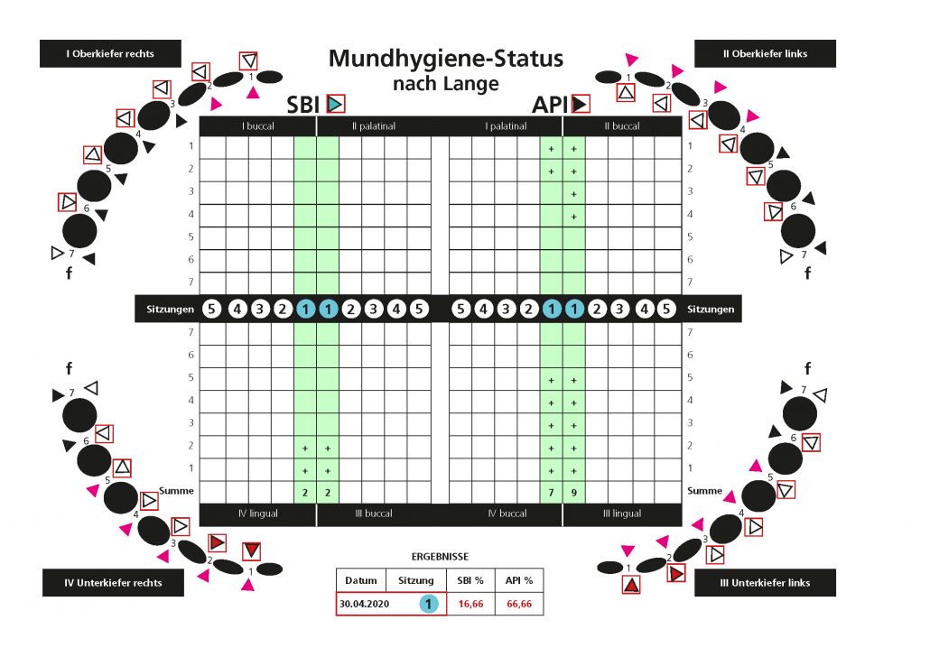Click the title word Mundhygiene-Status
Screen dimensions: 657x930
(x=445, y=59)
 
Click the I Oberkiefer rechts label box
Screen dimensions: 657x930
(x=110, y=53)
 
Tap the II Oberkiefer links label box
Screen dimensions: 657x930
(x=765, y=53)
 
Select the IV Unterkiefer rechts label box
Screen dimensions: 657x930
(x=113, y=582)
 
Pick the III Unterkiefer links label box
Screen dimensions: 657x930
(x=765, y=582)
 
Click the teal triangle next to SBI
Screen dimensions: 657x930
(x=335, y=104)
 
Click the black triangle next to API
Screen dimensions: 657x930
(x=580, y=104)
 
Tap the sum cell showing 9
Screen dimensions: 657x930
(x=573, y=492)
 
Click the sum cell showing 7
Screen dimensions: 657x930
(x=551, y=492)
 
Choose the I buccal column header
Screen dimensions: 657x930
(x=257, y=126)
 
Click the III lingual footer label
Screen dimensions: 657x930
(x=621, y=514)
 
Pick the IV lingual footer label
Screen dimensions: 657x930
(x=257, y=514)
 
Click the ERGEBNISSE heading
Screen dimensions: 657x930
(x=440, y=557)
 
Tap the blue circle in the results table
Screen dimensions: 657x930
(x=429, y=604)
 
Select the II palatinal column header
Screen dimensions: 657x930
(x=374, y=126)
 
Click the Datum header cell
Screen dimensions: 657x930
(x=360, y=580)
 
